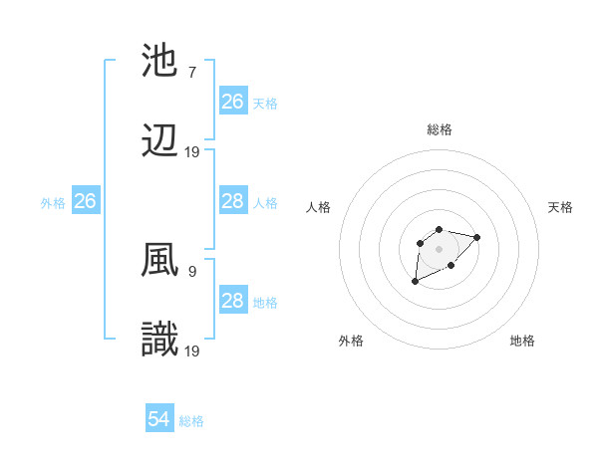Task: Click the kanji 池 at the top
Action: (161, 62)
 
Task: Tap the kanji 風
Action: (161, 261)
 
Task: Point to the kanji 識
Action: (161, 341)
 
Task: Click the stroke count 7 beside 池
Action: (191, 72)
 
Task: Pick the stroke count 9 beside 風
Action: (191, 270)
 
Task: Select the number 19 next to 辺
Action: (192, 151)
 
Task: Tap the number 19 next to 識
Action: (192, 351)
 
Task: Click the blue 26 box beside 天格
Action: (232, 102)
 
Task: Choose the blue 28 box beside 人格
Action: (232, 201)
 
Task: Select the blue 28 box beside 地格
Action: (232, 301)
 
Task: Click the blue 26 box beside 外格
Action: (85, 201)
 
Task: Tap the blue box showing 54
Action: (158, 419)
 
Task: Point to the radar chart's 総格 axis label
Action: (440, 129)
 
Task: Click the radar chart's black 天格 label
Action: (560, 207)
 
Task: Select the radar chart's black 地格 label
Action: (522, 341)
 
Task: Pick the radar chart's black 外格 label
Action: (351, 341)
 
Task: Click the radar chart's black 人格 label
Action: (319, 207)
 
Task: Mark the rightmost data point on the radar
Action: (477, 237)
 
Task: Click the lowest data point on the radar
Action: (416, 282)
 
